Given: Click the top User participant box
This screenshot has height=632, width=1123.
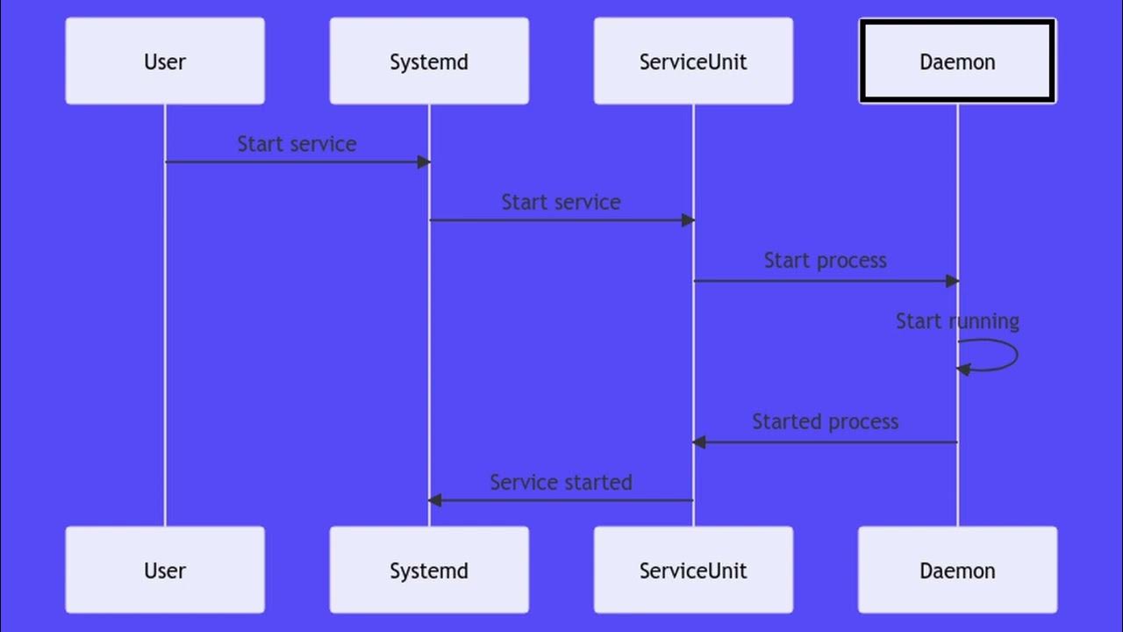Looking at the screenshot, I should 165,61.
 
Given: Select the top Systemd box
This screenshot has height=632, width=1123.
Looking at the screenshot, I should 429,61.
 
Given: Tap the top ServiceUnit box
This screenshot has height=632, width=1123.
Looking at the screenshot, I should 693,61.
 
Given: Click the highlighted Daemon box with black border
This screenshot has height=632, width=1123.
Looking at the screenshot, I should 957,61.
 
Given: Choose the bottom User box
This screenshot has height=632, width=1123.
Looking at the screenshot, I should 165,570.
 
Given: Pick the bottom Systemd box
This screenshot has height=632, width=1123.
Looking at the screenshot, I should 429,570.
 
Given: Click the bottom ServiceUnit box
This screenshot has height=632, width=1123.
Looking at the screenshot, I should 693,570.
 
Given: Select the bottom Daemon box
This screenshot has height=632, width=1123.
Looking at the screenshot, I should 957,570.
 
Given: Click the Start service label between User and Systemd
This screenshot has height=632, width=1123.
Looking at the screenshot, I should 297,144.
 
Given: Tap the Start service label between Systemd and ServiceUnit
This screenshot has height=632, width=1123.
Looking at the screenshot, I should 561,202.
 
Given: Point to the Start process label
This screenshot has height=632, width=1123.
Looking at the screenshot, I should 825,261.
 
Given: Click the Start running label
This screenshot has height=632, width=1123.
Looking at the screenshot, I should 957,321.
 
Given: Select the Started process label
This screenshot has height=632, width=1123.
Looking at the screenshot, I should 825,421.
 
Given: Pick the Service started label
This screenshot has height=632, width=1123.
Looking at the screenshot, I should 561,482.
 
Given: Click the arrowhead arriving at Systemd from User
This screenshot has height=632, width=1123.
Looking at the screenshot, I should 424,162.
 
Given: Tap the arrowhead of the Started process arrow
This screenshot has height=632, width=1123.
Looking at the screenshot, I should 699,442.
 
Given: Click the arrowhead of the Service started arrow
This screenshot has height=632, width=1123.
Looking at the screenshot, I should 435,500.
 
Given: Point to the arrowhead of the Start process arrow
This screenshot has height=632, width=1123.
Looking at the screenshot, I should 952,281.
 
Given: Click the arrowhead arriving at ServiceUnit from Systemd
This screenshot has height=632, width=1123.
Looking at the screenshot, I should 688,220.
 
